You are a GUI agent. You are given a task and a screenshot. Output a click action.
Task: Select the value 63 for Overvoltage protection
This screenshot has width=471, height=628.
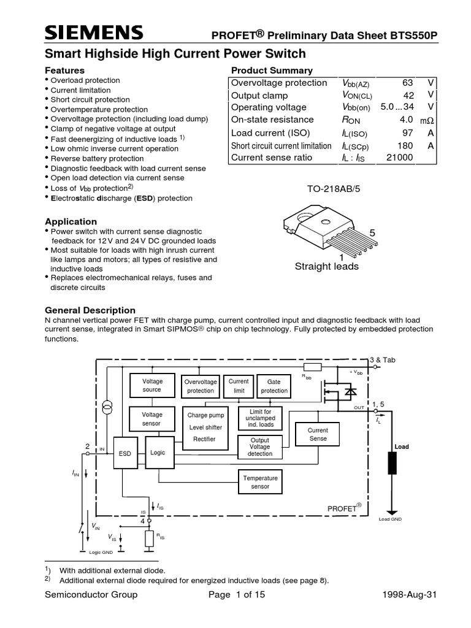pyautogui.click(x=408, y=83)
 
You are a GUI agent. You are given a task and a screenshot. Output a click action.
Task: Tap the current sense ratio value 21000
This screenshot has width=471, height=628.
pyautogui.click(x=399, y=158)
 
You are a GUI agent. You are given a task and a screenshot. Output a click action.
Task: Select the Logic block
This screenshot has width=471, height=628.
pyautogui.click(x=158, y=453)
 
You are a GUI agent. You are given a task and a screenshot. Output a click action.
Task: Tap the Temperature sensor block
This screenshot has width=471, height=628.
pyautogui.click(x=260, y=482)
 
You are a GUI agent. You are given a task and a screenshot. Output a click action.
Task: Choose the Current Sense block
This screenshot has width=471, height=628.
pyautogui.click(x=318, y=435)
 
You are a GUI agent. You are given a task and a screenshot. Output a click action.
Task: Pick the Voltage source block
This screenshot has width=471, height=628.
pyautogui.click(x=152, y=385)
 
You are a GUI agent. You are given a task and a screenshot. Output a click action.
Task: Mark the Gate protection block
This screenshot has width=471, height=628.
pyautogui.click(x=274, y=386)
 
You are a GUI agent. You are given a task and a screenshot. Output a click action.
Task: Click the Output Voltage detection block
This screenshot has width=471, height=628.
pyautogui.click(x=260, y=447)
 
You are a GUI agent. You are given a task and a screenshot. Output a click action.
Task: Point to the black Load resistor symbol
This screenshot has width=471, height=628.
pyautogui.click(x=392, y=463)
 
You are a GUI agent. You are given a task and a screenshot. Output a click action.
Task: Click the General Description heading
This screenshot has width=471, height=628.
pyautogui.click(x=91, y=310)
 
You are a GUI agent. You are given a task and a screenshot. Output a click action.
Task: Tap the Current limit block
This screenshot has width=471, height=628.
pyautogui.click(x=239, y=386)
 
